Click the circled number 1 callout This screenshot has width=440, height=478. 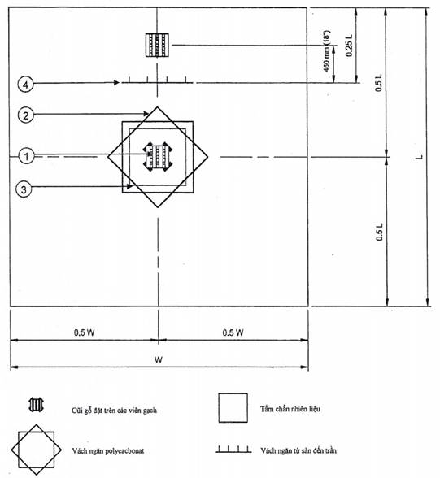click(x=27, y=156)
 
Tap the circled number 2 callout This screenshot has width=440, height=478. click(x=25, y=115)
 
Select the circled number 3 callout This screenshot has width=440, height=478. click(x=24, y=189)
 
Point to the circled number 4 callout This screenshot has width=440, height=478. click(x=25, y=85)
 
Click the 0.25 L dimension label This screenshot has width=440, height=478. click(x=349, y=46)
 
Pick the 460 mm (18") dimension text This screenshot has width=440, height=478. click(x=326, y=51)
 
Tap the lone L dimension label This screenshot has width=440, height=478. click(x=420, y=157)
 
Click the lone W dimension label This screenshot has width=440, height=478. click(x=159, y=359)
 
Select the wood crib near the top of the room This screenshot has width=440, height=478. click(x=157, y=46)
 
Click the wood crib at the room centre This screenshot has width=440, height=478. click(x=158, y=157)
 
